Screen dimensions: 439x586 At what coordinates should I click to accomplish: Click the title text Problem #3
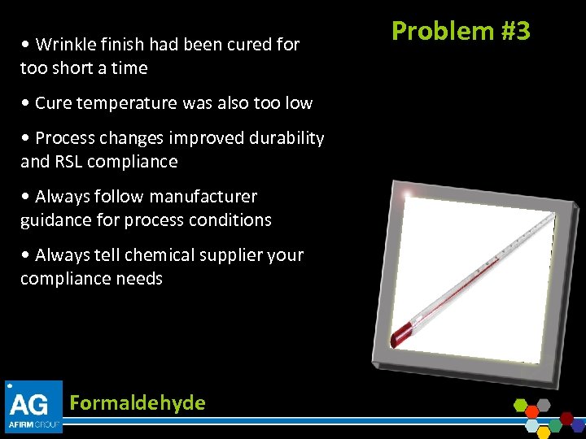coord(461,31)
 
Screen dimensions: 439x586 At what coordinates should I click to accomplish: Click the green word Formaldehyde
coord(138,402)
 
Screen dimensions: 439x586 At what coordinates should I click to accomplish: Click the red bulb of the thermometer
coord(401,333)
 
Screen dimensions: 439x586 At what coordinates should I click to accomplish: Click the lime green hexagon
coord(521,405)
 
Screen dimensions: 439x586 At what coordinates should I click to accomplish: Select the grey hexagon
coord(544,405)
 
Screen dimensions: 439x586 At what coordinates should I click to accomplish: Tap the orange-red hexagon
coord(532,412)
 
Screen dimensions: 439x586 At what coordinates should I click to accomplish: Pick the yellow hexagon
coord(544,433)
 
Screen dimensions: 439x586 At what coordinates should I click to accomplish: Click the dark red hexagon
coord(566,418)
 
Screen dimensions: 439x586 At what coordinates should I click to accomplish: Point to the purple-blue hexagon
coord(578,426)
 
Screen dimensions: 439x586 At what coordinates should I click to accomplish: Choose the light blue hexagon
coord(532,426)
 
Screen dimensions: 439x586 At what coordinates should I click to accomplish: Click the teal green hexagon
coord(555,426)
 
